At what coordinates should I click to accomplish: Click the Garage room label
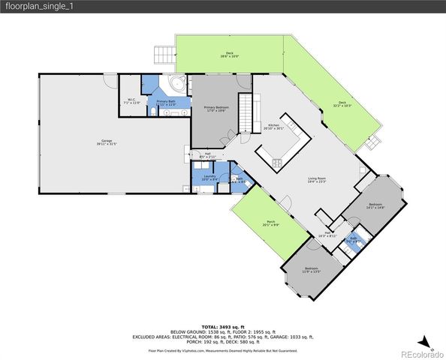(107, 142)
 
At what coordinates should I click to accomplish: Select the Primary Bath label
(166, 102)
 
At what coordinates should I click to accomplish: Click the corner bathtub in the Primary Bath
(179, 84)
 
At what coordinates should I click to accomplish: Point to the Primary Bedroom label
(216, 109)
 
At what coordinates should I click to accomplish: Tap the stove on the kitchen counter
(277, 162)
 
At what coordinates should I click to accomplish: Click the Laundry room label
(209, 178)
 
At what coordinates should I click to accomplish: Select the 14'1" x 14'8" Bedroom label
(375, 205)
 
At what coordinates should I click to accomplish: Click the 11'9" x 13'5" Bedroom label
(311, 271)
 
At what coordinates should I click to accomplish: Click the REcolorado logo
(420, 353)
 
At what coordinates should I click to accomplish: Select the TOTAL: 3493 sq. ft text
(222, 327)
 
